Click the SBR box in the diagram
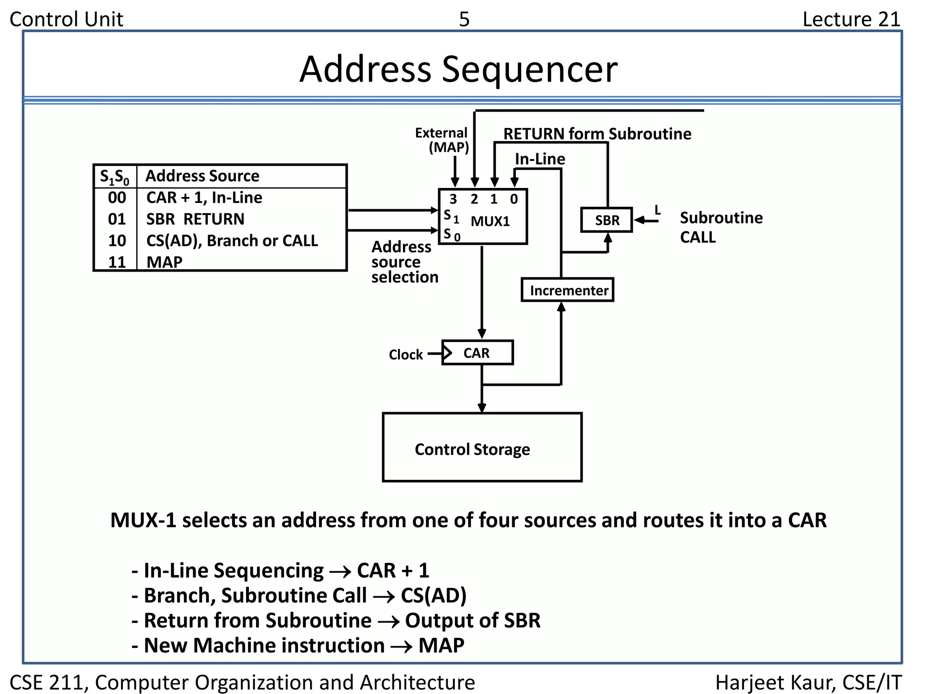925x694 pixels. point(606,220)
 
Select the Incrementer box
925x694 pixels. point(567,290)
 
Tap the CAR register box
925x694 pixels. point(477,353)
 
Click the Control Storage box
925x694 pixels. point(481,447)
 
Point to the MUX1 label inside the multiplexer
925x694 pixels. point(490,221)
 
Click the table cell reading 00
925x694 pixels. point(117,197)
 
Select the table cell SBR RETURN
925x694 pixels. point(195,219)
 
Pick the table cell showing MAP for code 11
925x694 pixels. point(164,262)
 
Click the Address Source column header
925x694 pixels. point(202,176)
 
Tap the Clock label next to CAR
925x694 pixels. point(405,355)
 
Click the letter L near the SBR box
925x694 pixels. point(658,210)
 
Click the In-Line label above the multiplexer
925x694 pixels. point(540,159)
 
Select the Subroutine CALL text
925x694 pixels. point(721,227)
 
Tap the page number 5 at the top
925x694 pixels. point(464,19)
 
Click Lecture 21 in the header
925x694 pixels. point(851,19)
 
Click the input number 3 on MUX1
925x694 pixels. point(453,199)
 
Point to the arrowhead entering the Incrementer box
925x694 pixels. point(561,307)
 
